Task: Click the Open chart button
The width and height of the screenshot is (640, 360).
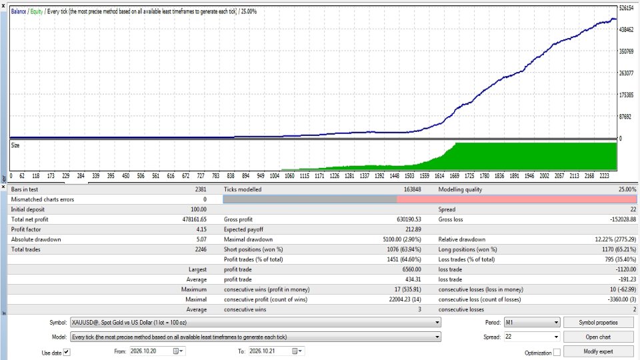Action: (598, 337)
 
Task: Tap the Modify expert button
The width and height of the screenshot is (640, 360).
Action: (598, 351)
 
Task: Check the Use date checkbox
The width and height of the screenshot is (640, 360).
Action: (67, 352)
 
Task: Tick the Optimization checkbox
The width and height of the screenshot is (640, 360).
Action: (557, 352)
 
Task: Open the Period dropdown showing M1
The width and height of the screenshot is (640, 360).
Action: (531, 323)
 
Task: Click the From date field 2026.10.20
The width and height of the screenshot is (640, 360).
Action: (157, 351)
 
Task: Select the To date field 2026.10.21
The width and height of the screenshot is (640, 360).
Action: (276, 351)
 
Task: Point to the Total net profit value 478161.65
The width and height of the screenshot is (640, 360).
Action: (194, 219)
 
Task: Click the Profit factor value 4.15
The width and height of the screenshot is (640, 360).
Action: (201, 229)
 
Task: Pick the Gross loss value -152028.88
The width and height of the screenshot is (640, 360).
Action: (623, 219)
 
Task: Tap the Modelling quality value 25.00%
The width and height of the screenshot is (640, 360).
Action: (627, 189)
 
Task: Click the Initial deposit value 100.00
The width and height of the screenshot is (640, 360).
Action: (199, 209)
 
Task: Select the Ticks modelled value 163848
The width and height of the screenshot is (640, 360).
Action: (411, 189)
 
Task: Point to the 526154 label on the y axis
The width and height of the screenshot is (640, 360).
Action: (627, 8)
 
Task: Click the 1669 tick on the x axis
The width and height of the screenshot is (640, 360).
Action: (454, 176)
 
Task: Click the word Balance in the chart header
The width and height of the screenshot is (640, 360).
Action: (19, 11)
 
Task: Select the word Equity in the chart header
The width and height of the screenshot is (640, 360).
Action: (36, 11)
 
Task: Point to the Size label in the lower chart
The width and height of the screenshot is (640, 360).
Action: (15, 145)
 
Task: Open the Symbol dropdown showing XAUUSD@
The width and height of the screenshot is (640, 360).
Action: (255, 323)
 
